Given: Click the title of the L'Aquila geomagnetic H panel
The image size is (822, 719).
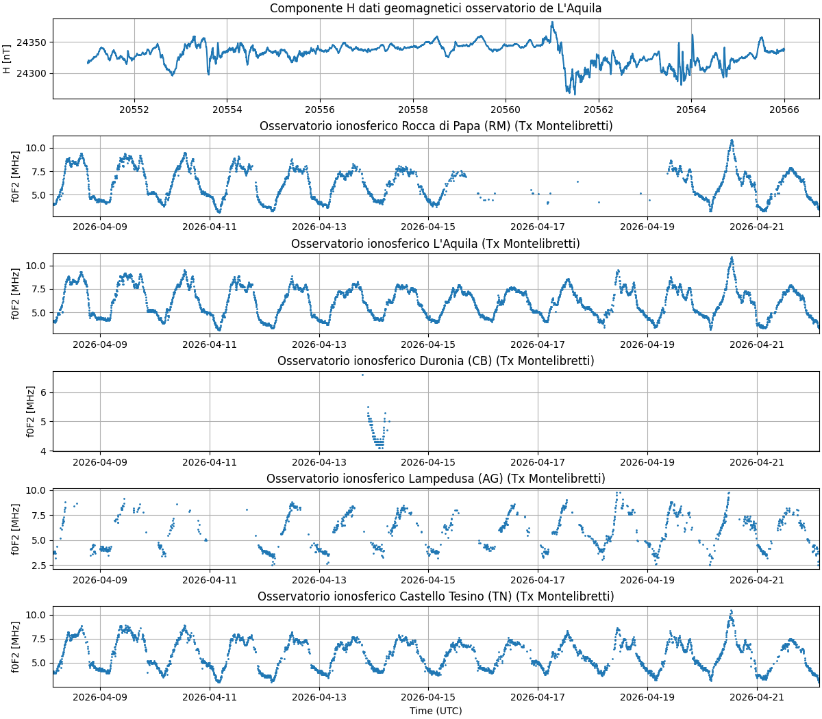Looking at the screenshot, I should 436,8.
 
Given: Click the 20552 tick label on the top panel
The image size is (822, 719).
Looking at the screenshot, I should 134,110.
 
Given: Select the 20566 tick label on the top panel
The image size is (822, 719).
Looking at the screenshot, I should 784,110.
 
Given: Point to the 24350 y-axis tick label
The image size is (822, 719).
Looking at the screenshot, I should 31,43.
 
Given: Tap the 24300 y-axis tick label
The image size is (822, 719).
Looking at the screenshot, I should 31,74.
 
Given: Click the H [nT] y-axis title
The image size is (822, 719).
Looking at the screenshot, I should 7,60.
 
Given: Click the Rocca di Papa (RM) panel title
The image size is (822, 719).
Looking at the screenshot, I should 436,126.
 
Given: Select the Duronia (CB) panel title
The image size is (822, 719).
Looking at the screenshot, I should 436,361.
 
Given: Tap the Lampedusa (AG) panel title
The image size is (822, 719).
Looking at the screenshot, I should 436,479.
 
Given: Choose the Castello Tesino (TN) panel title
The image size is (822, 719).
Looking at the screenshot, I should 436,596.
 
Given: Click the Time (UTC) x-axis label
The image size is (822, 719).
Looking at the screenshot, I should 436,711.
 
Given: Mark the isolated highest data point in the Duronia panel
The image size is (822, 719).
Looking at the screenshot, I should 362,375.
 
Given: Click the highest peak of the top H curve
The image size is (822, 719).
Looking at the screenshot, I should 552,22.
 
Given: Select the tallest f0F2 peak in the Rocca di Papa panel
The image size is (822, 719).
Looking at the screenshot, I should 732,140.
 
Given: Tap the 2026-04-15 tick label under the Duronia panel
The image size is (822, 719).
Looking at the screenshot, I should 428,462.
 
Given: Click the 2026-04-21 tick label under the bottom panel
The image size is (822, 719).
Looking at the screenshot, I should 757,697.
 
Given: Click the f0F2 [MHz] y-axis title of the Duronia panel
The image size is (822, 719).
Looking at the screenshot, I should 31,412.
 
